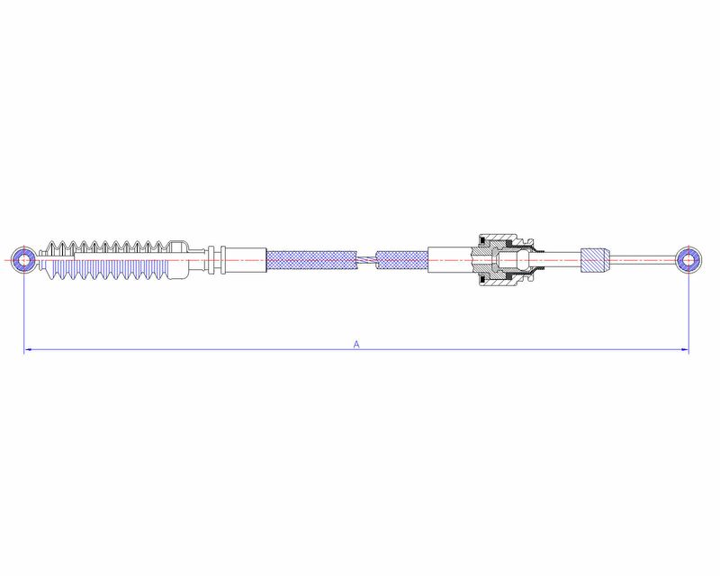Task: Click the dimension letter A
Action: [x=356, y=344]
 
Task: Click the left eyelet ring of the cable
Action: [x=16, y=260]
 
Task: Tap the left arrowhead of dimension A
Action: [x=27, y=349]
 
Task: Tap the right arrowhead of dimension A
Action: [x=685, y=349]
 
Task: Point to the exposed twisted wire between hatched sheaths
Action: [x=367, y=260]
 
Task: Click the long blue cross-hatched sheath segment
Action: [x=312, y=260]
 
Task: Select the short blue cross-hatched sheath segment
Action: [x=401, y=260]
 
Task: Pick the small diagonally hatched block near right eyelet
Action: [x=596, y=260]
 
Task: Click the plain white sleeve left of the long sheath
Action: [x=247, y=260]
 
